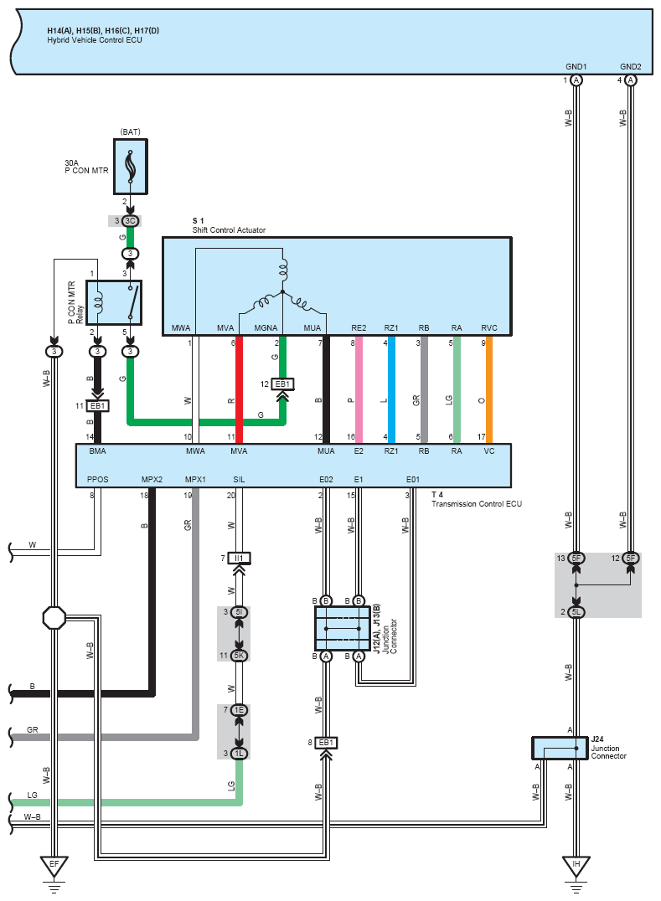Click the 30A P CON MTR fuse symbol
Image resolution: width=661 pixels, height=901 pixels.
[131, 167]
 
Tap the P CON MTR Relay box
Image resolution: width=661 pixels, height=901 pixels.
[114, 303]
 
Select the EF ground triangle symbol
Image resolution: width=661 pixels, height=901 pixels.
[54, 866]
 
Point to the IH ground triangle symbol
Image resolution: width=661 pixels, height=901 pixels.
[576, 866]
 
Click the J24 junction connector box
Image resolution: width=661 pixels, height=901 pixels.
[560, 748]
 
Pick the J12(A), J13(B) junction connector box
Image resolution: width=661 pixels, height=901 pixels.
[342, 628]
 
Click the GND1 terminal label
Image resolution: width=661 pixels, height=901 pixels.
[576, 67]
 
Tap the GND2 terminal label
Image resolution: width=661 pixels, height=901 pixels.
[631, 67]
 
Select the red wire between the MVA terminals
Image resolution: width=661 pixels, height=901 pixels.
[239, 389]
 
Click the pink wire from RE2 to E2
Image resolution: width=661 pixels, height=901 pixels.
[359, 389]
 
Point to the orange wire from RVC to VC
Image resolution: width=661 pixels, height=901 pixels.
[489, 389]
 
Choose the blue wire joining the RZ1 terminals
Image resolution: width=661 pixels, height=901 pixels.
[391, 389]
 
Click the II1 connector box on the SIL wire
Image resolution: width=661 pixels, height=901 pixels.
[239, 558]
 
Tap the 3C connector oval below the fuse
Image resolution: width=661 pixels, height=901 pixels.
[131, 221]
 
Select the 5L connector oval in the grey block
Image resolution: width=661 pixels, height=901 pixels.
[576, 612]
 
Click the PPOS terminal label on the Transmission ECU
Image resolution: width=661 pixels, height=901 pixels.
[98, 479]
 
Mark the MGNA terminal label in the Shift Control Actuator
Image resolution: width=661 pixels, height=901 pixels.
[266, 328]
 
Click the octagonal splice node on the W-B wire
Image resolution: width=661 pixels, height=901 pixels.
[54, 618]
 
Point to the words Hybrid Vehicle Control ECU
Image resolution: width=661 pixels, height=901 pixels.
[95, 40]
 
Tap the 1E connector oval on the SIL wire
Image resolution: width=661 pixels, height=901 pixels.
[239, 710]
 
